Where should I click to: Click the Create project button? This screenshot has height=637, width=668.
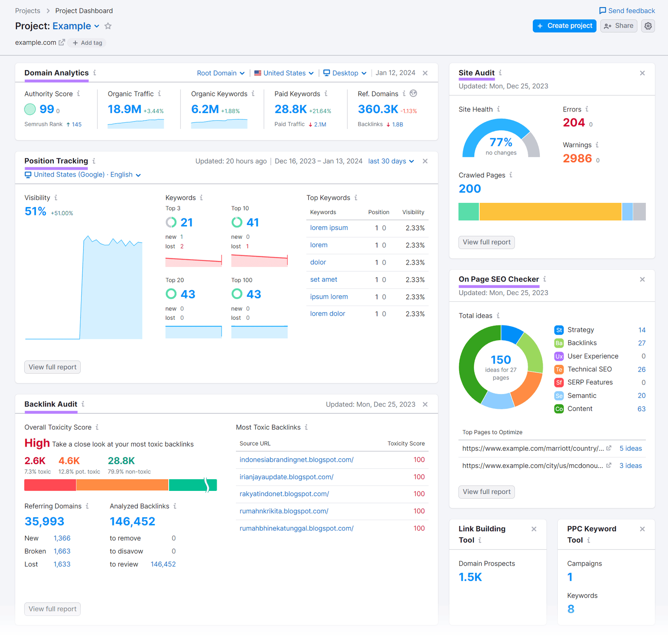(564, 26)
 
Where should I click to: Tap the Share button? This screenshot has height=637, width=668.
(619, 26)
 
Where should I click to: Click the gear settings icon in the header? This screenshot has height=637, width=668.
(648, 26)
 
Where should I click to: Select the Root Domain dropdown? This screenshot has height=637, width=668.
(220, 73)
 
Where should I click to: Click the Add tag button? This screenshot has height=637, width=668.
(87, 43)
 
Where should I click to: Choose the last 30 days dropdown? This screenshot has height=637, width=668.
(391, 161)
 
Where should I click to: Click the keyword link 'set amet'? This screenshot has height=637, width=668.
(324, 280)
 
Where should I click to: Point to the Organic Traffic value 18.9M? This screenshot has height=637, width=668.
(124, 109)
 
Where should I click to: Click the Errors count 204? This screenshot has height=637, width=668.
(574, 123)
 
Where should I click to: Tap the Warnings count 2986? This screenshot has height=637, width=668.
(577, 159)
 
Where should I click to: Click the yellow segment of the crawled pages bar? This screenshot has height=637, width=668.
(550, 212)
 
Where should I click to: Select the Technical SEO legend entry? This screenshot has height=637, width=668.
(589, 369)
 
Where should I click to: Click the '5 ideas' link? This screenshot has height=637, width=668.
(630, 448)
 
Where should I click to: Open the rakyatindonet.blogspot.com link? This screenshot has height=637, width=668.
(284, 494)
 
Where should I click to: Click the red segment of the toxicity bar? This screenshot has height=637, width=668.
(50, 485)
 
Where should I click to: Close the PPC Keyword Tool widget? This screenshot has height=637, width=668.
(642, 529)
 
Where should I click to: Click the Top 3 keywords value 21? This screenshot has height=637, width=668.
(186, 222)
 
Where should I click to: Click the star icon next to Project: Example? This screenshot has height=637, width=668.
(108, 26)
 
